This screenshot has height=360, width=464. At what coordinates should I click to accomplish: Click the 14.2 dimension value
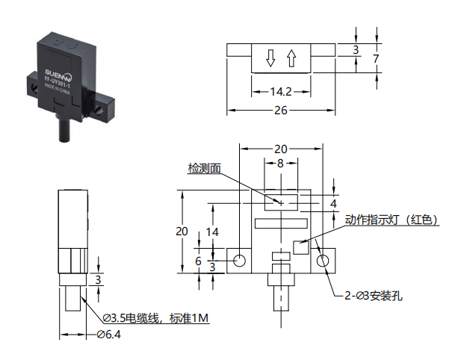click(281, 92)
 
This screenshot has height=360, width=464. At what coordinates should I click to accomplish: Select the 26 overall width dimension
click(281, 111)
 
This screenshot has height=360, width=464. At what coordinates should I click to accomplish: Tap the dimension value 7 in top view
click(376, 58)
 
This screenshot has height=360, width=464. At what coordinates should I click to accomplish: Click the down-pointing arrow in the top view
click(270, 58)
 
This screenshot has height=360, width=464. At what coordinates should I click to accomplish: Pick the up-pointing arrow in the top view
click(292, 58)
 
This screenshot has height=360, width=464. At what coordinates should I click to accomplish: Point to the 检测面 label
click(205, 168)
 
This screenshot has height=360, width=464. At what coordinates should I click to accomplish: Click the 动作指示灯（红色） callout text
click(392, 220)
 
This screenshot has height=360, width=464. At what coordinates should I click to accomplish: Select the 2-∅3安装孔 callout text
click(373, 296)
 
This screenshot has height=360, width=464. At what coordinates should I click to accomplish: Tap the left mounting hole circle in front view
click(239, 261)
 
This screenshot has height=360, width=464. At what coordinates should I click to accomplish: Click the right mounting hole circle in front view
click(323, 261)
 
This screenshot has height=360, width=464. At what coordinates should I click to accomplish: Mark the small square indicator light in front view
click(301, 247)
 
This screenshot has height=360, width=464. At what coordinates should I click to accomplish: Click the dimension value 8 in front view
click(280, 163)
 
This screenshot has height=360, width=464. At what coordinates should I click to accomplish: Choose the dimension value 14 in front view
click(212, 232)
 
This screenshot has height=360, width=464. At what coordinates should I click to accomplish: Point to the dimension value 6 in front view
click(198, 261)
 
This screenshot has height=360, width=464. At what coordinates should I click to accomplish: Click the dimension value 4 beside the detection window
click(333, 203)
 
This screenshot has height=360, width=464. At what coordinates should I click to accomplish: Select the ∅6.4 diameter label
click(109, 335)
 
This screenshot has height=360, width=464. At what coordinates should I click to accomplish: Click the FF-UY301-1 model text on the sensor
click(57, 82)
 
